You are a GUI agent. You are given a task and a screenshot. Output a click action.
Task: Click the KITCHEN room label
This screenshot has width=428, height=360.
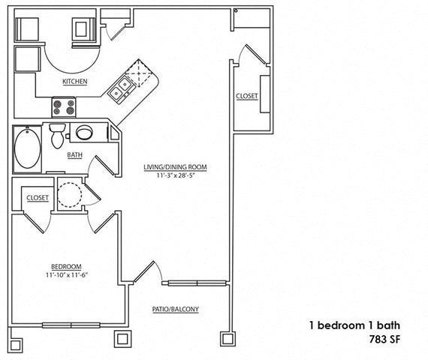point(74,81)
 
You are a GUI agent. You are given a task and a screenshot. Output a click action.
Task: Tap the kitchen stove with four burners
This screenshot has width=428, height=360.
point(63,106)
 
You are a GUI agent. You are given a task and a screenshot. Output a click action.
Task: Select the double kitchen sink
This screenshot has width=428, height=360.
point(121,92)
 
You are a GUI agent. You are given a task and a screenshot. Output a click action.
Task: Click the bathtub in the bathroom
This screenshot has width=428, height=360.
point(28,148)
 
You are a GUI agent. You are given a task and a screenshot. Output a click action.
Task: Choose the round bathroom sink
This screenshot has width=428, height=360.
point(83,133)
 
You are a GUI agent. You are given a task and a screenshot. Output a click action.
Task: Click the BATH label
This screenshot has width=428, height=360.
point(74,156)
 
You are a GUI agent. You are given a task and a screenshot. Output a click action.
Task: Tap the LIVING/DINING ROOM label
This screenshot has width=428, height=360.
point(176,166)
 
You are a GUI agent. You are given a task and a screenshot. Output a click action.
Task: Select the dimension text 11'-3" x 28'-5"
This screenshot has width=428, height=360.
point(176,176)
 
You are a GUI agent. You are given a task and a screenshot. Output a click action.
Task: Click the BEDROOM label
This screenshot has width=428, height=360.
point(65,266)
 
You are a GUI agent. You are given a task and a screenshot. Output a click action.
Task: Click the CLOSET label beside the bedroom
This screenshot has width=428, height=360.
point(38,198)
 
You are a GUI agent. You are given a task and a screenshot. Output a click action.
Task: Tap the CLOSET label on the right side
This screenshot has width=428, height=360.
point(246,96)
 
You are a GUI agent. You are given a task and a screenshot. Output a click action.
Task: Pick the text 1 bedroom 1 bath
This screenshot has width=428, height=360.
point(354,325)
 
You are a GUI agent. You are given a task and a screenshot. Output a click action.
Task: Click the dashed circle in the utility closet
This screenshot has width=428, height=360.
point(70,194)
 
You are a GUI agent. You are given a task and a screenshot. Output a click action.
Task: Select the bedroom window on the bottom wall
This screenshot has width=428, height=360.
point(71,325)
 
